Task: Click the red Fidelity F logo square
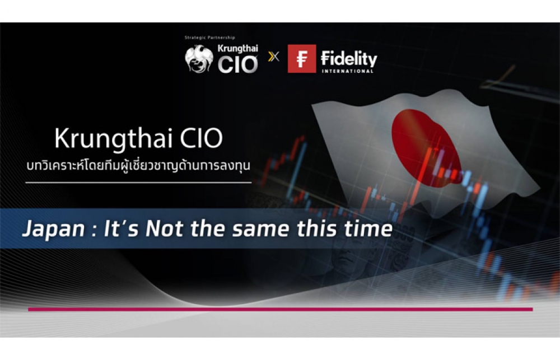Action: [x=302, y=59]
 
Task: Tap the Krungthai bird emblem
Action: [x=199, y=59]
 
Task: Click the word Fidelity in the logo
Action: [x=349, y=59]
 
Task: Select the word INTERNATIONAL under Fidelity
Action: [x=348, y=71]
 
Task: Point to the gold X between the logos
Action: [x=274, y=57]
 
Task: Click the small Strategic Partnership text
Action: [x=209, y=38]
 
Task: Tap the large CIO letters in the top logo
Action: [x=237, y=64]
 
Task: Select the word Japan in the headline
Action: [x=54, y=230]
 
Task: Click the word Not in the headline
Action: [x=165, y=228]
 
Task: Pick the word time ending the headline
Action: [x=368, y=228]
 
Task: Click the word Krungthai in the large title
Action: [x=114, y=139]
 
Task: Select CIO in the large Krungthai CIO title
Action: [x=202, y=138]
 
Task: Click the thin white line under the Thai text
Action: [x=138, y=183]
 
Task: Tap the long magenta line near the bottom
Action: [x=281, y=309]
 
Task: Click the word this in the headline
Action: [x=317, y=228]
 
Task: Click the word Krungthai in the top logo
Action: [x=238, y=49]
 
